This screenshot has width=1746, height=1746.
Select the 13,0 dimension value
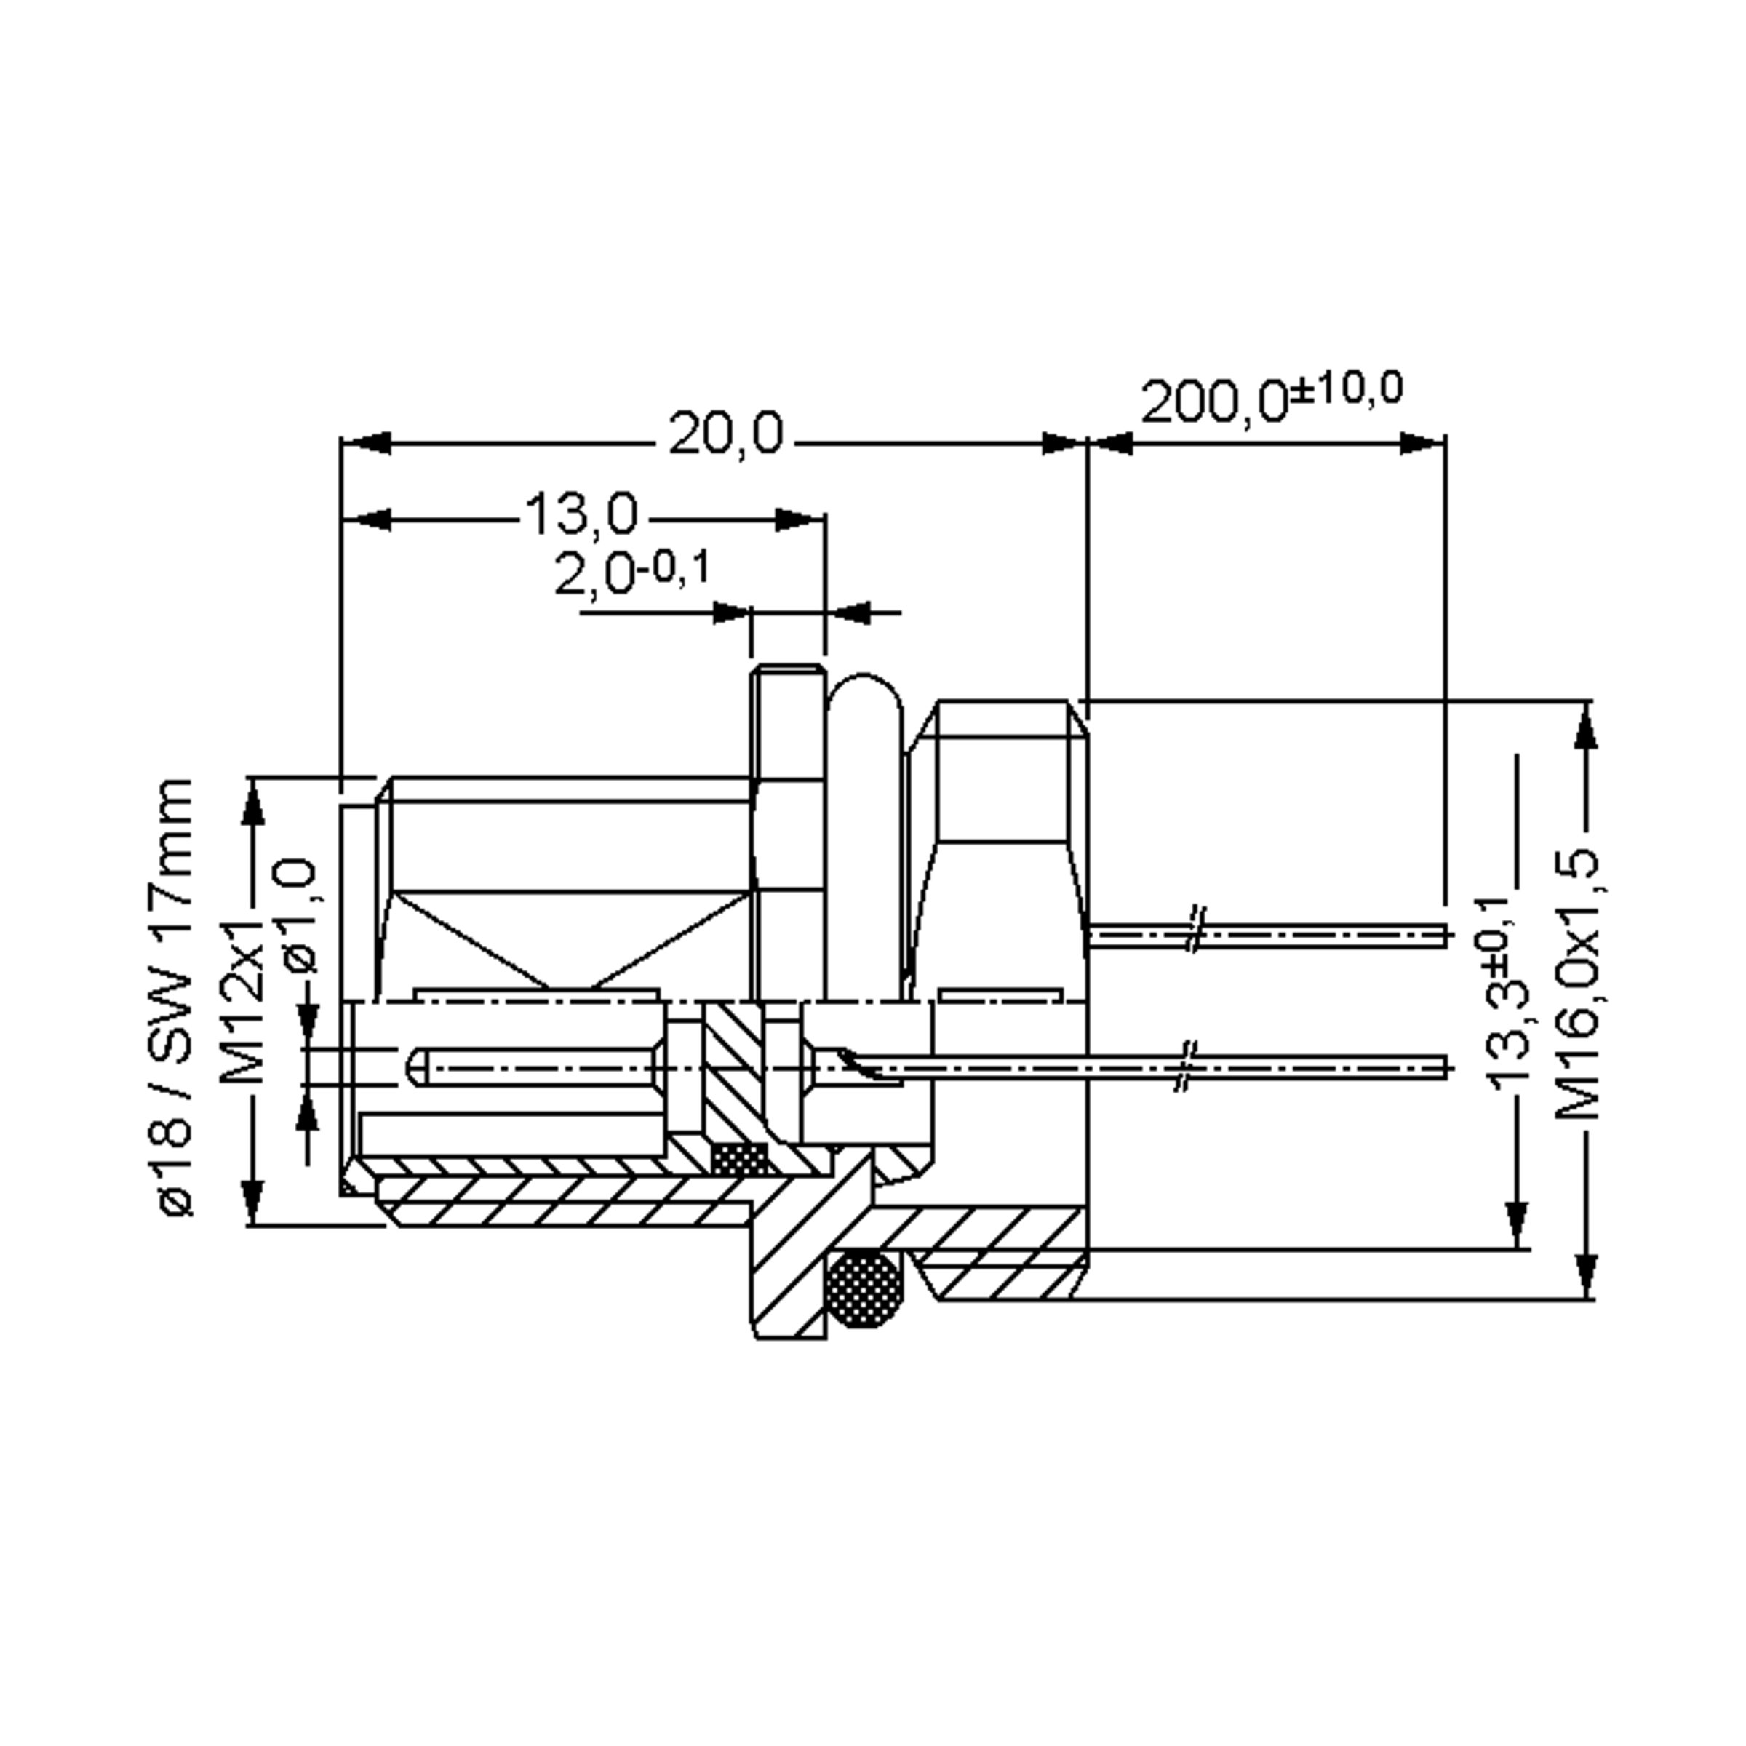[581, 514]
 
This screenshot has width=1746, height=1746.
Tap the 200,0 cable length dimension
[1213, 402]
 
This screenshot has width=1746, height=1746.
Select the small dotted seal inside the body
[740, 1159]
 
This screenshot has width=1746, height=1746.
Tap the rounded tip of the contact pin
[417, 1067]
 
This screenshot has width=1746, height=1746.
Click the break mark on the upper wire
[1195, 928]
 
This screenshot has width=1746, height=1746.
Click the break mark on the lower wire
[1187, 1067]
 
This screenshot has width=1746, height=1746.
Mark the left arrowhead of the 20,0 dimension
[365, 443]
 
